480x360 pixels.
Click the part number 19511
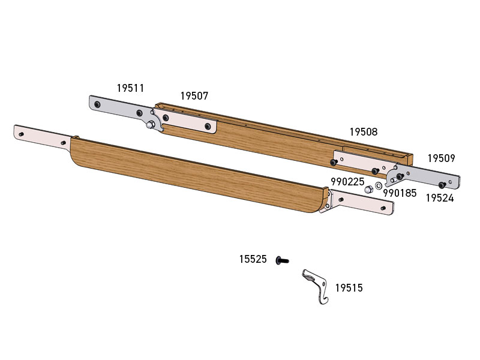[130, 88]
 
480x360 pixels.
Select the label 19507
[194, 96]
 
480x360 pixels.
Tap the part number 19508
[364, 132]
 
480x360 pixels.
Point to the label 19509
[442, 158]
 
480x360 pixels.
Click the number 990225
[347, 182]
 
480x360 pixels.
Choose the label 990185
[400, 193]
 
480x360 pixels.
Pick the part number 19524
[440, 198]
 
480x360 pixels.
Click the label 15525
[253, 259]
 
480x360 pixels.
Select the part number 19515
[349, 288]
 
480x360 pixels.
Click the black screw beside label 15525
[282, 260]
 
